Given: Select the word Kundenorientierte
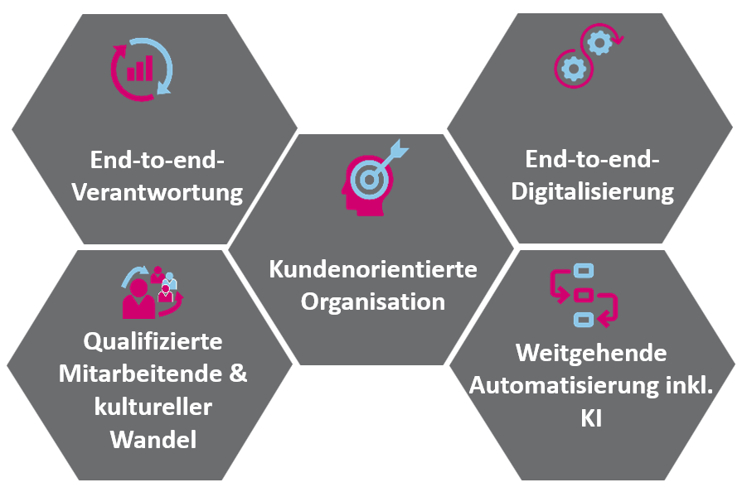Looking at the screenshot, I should click(373, 269).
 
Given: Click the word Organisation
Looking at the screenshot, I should click(373, 301).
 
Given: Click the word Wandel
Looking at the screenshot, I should click(153, 439).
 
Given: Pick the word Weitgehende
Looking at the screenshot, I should click(591, 353).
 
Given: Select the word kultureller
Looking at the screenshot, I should click(153, 407).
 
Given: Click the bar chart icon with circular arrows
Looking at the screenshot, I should click(142, 67).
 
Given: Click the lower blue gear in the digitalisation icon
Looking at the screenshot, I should click(572, 69).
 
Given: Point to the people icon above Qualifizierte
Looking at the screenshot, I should click(152, 292).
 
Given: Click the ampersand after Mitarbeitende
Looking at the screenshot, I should click(238, 374).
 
